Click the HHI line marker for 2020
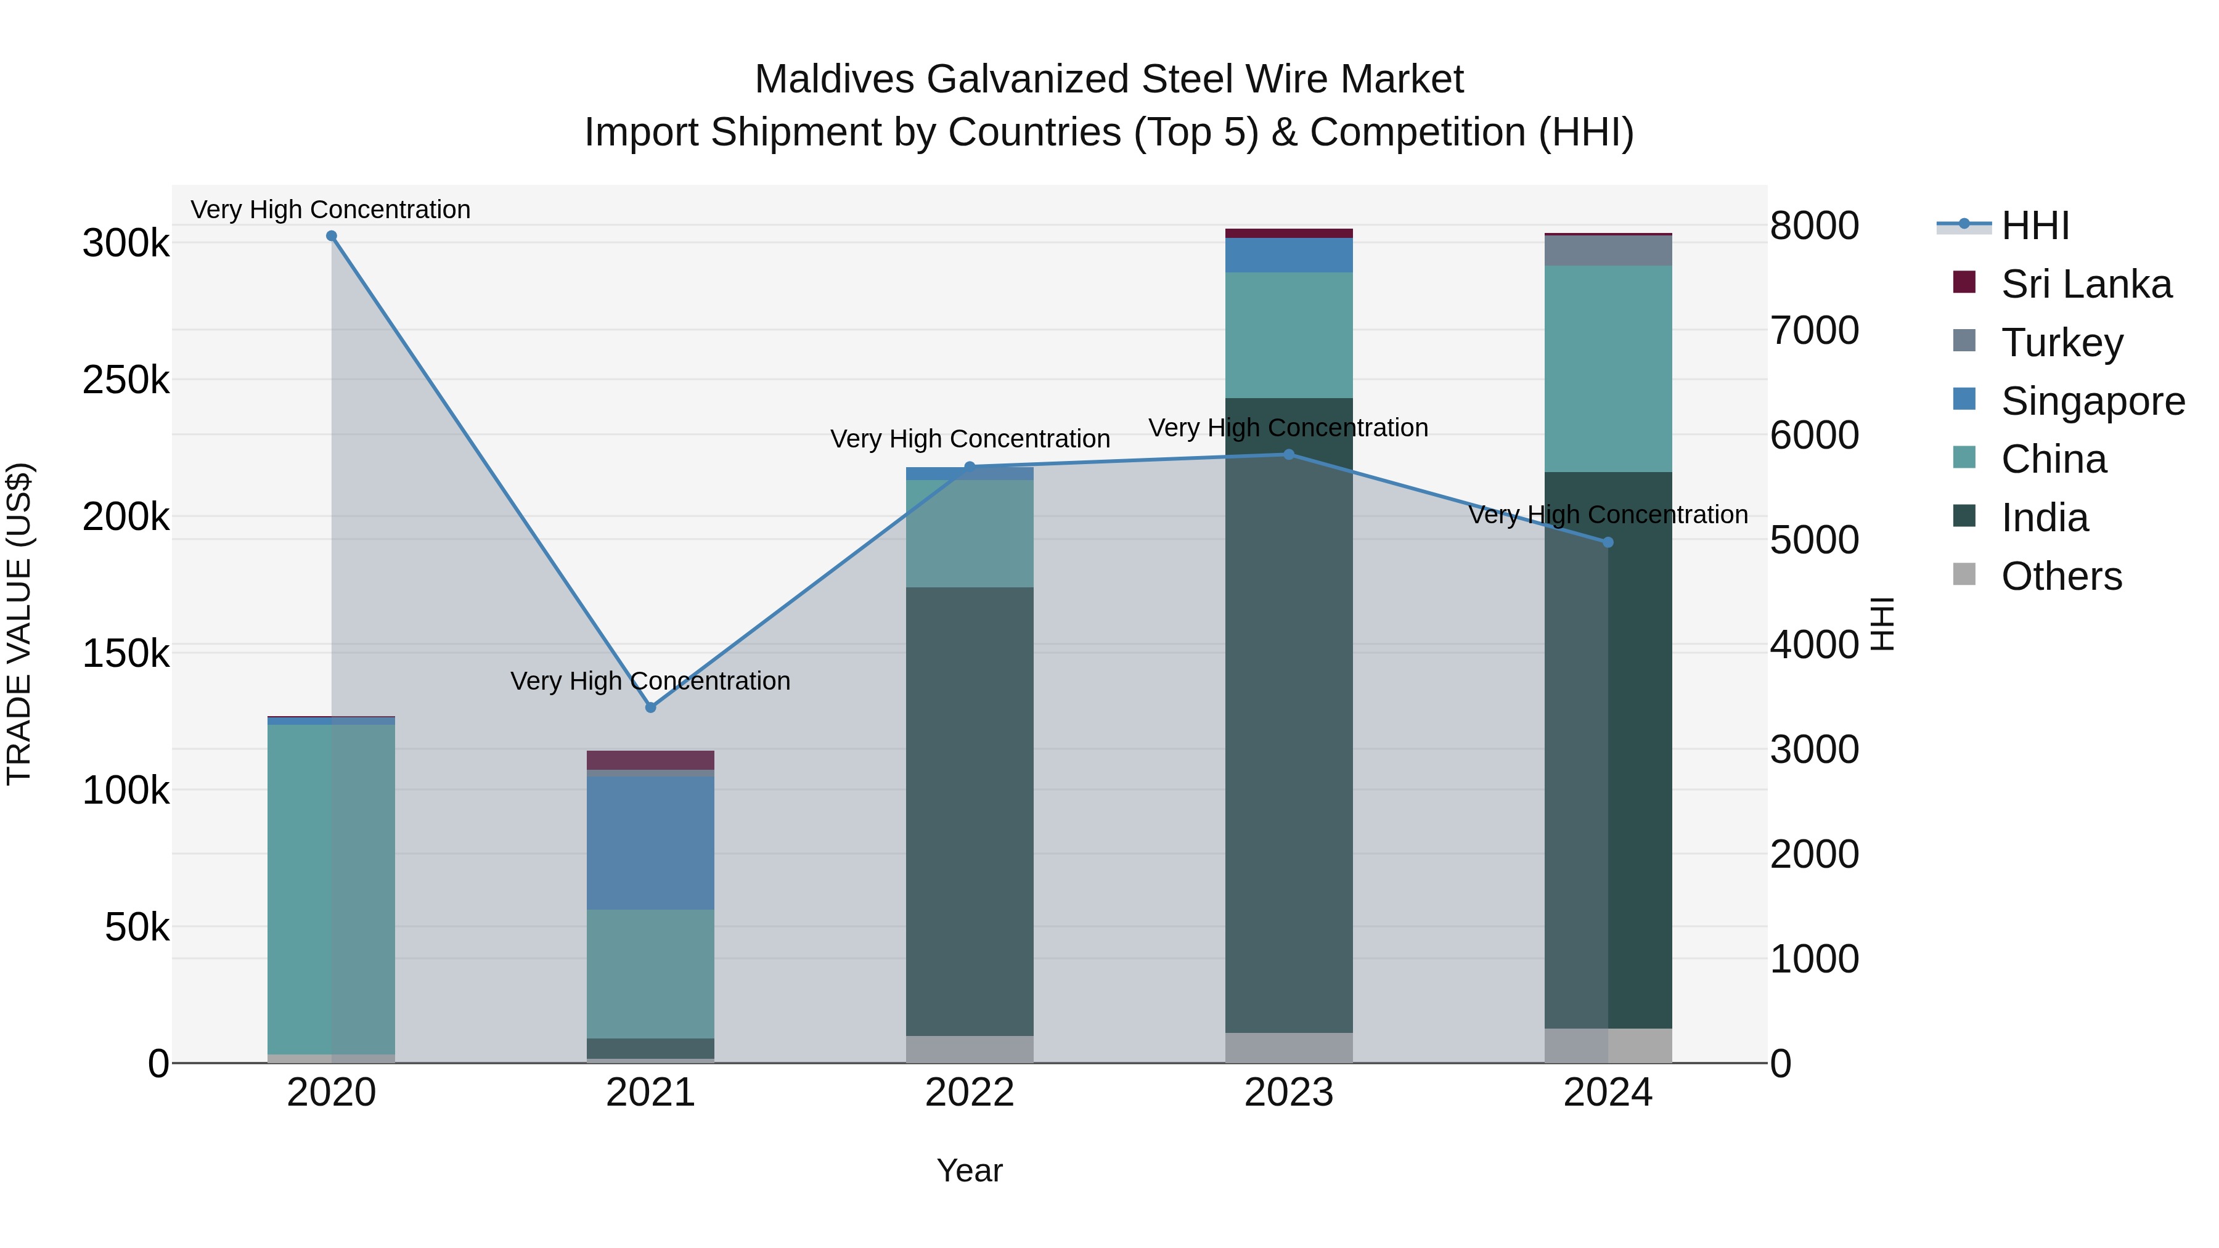[x=332, y=236]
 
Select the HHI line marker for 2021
[x=650, y=707]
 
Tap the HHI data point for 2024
[x=1608, y=542]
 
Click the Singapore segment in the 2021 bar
[x=650, y=842]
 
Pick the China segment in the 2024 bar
[x=1608, y=369]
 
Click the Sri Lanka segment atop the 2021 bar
[x=650, y=760]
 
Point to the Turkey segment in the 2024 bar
[x=1608, y=251]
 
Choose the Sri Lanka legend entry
[x=2085, y=284]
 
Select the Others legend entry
[x=2061, y=576]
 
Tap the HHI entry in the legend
[x=2035, y=226]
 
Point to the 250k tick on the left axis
[x=126, y=380]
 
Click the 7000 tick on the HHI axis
[x=1814, y=331]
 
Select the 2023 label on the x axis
[x=1289, y=1093]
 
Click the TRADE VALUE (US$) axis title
[x=20, y=624]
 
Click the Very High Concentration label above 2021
[x=650, y=680]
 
